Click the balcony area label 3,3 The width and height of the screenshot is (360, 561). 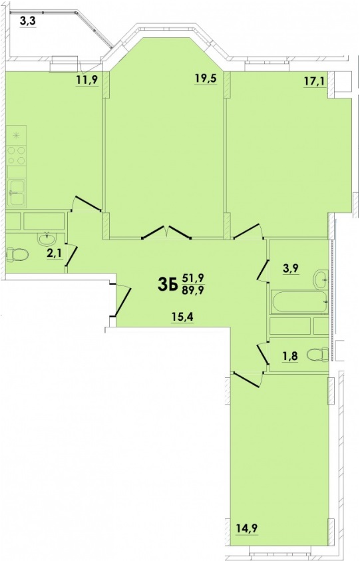[x=27, y=22]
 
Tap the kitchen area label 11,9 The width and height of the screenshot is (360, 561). [x=87, y=79]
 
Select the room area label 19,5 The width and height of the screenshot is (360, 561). [x=206, y=78]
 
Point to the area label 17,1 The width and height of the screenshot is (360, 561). [x=314, y=81]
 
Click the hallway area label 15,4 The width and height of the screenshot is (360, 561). [x=182, y=316]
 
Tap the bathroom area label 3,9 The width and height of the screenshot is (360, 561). [x=291, y=269]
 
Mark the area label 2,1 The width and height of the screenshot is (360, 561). [x=55, y=254]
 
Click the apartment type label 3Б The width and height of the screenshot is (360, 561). [x=168, y=285]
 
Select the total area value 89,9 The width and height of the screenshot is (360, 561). [x=193, y=291]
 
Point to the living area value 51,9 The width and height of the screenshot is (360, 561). [x=193, y=277]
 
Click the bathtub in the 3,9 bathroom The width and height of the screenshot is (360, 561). [x=299, y=302]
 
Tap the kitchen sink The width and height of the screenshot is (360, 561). [x=17, y=192]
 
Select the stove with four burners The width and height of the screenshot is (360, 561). [x=17, y=156]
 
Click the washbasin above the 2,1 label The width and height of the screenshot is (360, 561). [x=47, y=238]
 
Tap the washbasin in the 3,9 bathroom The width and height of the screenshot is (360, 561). [x=321, y=278]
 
